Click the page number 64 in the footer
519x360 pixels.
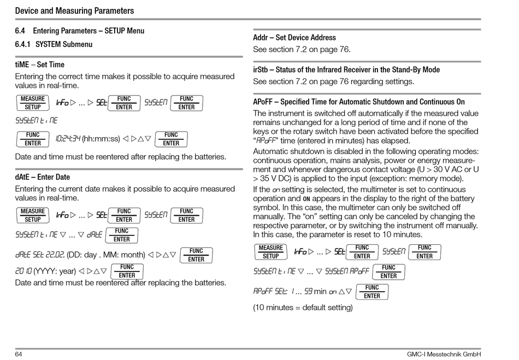click(x=19, y=354)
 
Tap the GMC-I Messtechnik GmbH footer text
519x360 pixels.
click(x=444, y=354)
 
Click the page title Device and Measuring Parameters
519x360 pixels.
click(x=74, y=10)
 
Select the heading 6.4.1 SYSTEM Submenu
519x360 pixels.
click(x=54, y=44)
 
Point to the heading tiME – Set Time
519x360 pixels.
click(x=39, y=64)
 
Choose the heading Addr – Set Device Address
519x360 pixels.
click(x=294, y=38)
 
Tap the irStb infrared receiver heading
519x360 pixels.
click(x=346, y=70)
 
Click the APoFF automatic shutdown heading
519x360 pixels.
click(x=359, y=102)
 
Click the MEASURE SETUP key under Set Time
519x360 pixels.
click(x=33, y=103)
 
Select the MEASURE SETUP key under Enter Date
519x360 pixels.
click(x=33, y=215)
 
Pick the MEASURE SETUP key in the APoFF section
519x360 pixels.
click(x=271, y=252)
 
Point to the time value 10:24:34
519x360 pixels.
click(x=68, y=139)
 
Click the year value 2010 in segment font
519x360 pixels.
click(x=24, y=271)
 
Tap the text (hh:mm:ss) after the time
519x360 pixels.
click(x=101, y=139)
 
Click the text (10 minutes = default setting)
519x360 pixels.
click(x=303, y=308)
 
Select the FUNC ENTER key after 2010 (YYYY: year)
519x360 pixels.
click(x=127, y=271)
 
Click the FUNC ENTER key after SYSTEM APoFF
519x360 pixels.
click(x=388, y=272)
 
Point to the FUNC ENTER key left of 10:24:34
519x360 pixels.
click(x=33, y=139)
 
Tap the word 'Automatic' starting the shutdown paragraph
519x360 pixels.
click(x=270, y=151)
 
